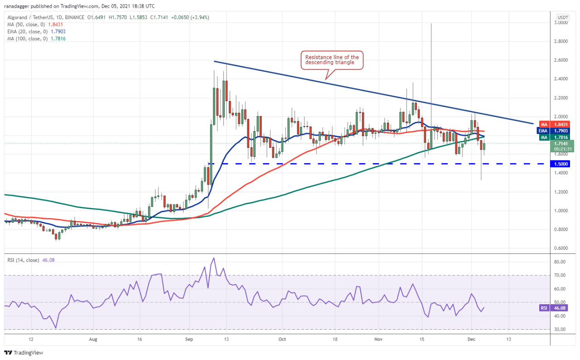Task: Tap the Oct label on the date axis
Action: coord(282,339)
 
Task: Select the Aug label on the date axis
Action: coord(93,339)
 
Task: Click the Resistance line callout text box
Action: coord(332,60)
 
